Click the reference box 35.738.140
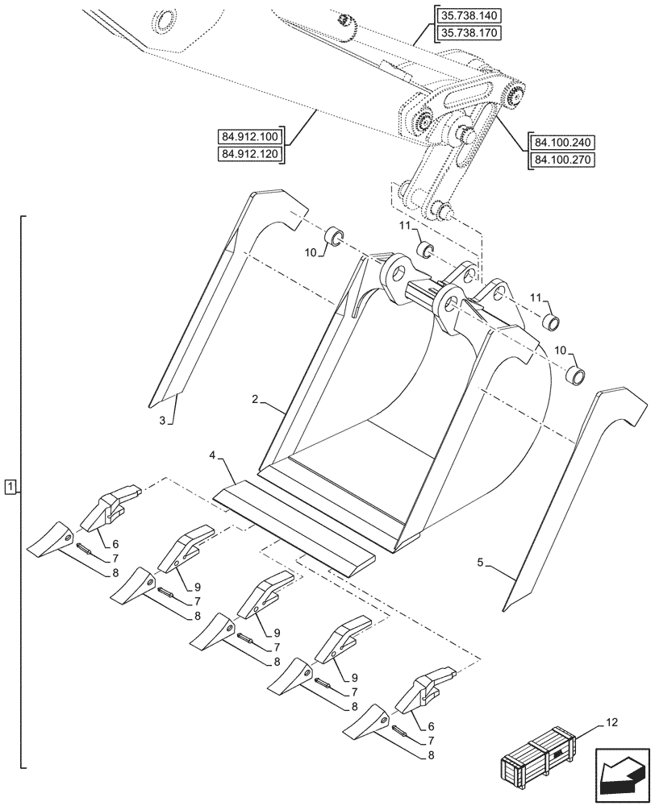tap(468, 16)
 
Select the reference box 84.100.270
tap(562, 160)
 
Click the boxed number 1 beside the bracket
tap(9, 486)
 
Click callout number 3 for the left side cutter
tap(162, 420)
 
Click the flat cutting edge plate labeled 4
tap(294, 528)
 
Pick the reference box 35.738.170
tap(468, 33)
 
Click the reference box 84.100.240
tap(562, 143)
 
